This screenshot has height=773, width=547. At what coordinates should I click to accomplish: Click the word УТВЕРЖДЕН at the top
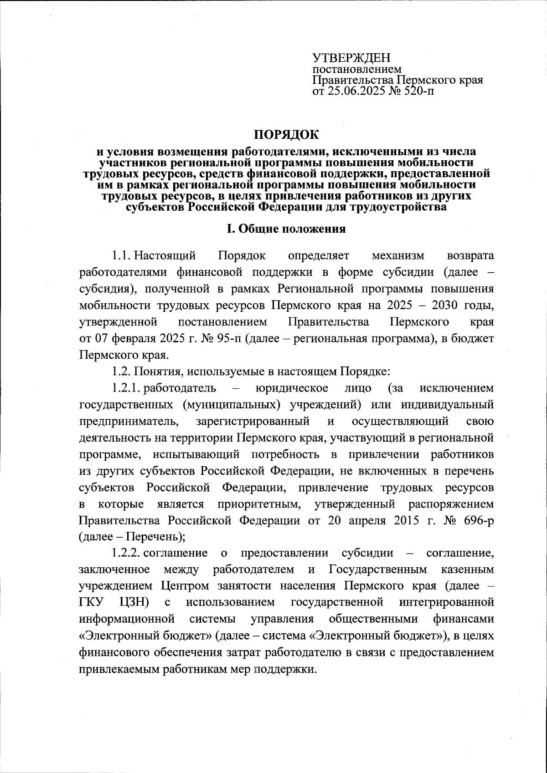coord(351,58)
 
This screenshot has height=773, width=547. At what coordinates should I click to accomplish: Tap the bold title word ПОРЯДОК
coord(287,135)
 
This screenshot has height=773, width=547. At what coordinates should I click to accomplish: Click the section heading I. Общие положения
coord(286,229)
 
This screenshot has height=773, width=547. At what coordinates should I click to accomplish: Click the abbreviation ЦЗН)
coord(134,602)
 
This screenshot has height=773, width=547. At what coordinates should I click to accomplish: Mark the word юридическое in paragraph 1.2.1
coord(292,388)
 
